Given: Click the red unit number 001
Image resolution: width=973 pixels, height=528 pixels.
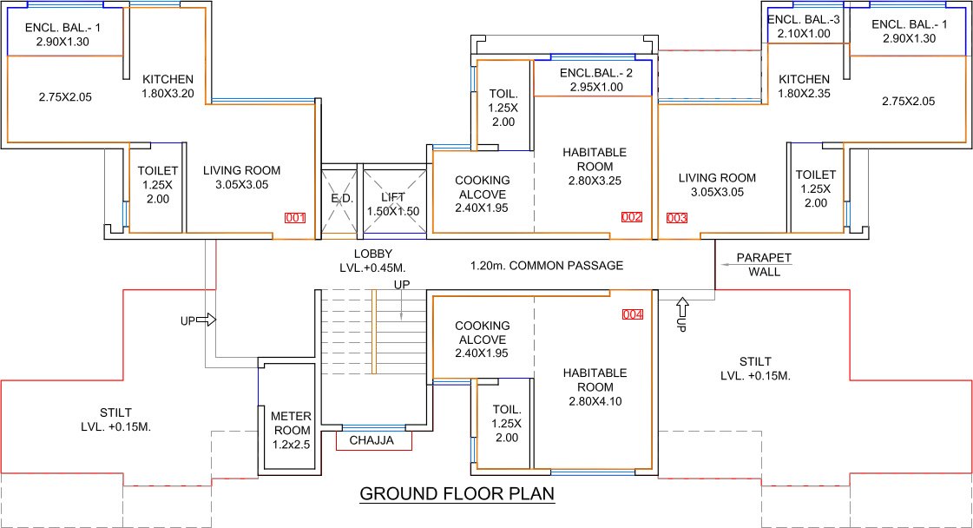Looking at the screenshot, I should tap(295, 218).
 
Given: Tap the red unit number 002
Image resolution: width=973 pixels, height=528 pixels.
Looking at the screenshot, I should tap(631, 217).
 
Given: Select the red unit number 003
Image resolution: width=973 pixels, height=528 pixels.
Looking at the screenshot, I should tap(676, 217).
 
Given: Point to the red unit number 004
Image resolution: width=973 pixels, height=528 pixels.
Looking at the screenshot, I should tap(633, 314).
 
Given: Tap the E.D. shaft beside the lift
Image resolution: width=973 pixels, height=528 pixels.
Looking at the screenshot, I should tap(340, 200).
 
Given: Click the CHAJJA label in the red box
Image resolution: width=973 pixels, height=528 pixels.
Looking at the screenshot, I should tap(371, 441).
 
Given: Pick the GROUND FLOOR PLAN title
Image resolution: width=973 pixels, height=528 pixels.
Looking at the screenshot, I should tap(457, 494).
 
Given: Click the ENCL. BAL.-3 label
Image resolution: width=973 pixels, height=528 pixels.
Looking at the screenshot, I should tap(805, 27).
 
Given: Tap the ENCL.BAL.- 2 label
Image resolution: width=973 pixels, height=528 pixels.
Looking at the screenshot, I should tap(595, 80).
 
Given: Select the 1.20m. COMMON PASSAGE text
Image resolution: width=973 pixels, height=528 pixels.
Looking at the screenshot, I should tap(547, 266).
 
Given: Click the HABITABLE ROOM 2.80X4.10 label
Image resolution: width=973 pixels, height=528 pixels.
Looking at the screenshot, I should tap(595, 386).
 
